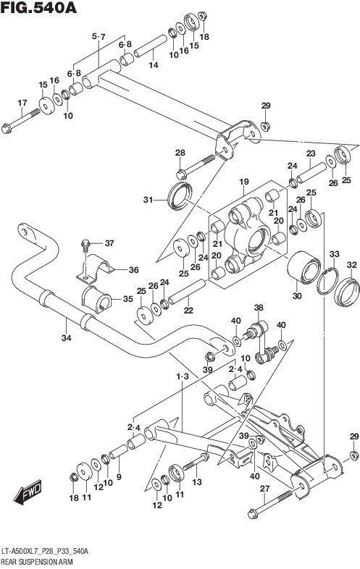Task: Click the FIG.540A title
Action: (39, 8)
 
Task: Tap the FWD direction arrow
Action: (28, 492)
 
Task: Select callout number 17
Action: (22, 103)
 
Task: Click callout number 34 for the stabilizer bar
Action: (66, 338)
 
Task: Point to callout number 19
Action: (244, 182)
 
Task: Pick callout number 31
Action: (148, 200)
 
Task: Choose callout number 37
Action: (109, 243)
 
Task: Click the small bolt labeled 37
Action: (85, 245)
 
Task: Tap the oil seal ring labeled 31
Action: (180, 196)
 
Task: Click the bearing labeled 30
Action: (304, 267)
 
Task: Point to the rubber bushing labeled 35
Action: (96, 300)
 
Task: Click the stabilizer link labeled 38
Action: (261, 343)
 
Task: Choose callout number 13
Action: (196, 482)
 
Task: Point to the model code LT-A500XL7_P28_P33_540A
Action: (44, 552)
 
